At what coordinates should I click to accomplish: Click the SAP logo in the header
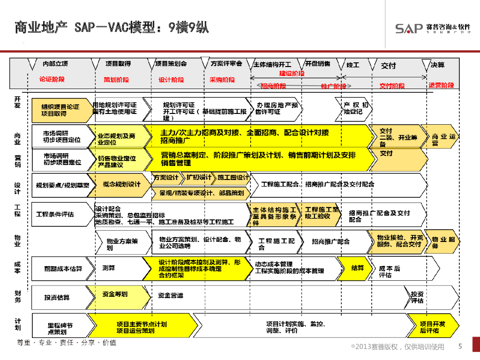tap(409, 28)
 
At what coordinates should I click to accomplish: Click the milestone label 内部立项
tap(55, 64)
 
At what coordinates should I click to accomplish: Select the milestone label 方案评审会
tap(226, 63)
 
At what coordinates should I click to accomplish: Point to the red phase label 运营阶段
tap(441, 85)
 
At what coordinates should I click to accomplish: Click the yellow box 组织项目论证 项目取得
tap(60, 110)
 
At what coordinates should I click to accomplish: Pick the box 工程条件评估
tap(55, 214)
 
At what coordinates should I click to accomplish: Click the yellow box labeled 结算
tap(358, 268)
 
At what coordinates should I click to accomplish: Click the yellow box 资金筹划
tap(115, 294)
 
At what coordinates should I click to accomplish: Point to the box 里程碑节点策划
tap(60, 328)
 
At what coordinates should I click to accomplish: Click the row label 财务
tap(18, 296)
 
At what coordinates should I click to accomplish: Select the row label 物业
tap(18, 241)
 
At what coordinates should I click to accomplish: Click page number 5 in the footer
tap(460, 346)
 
